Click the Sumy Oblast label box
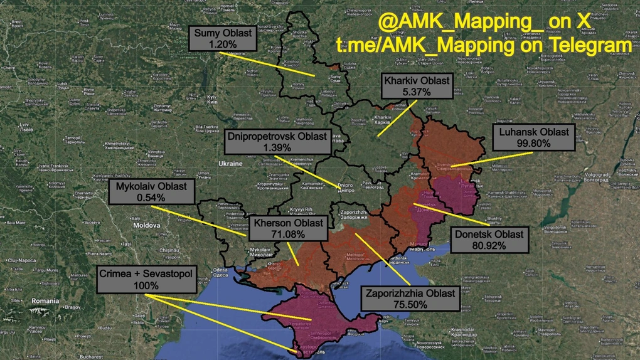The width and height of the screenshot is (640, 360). coord(222,39)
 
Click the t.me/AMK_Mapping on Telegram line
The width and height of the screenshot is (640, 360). coord(483,46)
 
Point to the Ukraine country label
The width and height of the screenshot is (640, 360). coord(230,163)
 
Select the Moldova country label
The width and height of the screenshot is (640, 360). coord(147,224)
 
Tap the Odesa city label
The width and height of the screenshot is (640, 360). coord(220,271)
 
